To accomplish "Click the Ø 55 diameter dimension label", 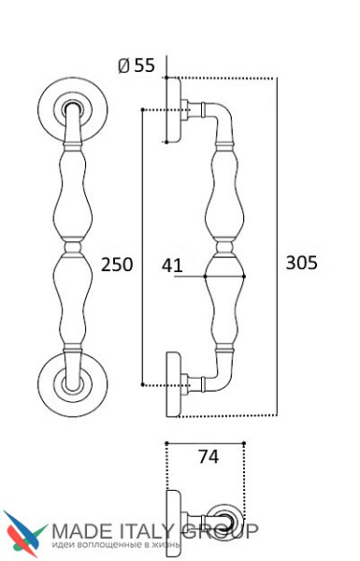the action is [137, 65].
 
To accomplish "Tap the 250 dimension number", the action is [117, 265].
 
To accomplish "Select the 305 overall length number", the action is [301, 262].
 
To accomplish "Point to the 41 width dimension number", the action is [172, 266].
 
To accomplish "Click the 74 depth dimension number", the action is [209, 456].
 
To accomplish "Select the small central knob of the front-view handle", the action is [73, 247].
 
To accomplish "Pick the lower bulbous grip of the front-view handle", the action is [73, 300].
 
